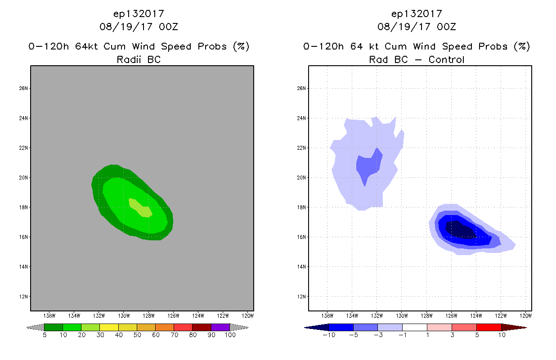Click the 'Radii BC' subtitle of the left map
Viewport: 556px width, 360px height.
(139, 59)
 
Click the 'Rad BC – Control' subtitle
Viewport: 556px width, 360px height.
(417, 59)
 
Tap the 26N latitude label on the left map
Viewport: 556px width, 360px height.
(23, 88)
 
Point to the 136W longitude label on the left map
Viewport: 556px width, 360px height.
(49, 315)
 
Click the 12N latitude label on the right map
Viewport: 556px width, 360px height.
(301, 297)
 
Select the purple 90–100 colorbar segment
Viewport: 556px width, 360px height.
(220, 327)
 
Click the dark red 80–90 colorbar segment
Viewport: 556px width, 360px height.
(202, 327)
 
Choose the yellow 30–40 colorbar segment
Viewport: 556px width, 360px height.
(109, 327)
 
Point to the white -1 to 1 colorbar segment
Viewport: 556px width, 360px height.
(415, 327)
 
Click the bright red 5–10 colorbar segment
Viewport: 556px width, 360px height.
(488, 327)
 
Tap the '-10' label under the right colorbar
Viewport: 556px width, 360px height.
(329, 335)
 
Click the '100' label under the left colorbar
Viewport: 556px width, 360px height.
(230, 335)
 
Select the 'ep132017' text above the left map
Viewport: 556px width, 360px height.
(139, 13)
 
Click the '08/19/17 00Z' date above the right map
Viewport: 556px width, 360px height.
(417, 27)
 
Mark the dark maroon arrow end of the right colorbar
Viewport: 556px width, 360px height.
(513, 327)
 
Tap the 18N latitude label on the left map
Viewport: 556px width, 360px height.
(23, 207)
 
